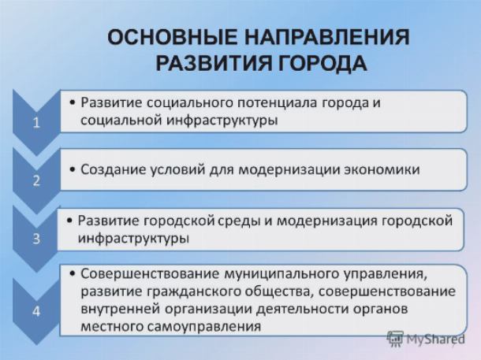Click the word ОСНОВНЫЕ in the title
pos(173,38)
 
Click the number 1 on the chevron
pos(36,123)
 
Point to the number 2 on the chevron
pos(36,180)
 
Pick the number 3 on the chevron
pos(36,239)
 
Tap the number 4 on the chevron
pos(36,311)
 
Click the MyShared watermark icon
pos(394,339)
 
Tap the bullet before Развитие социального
pos(73,102)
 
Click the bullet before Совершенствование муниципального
pos(73,273)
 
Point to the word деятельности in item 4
pos(302,310)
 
